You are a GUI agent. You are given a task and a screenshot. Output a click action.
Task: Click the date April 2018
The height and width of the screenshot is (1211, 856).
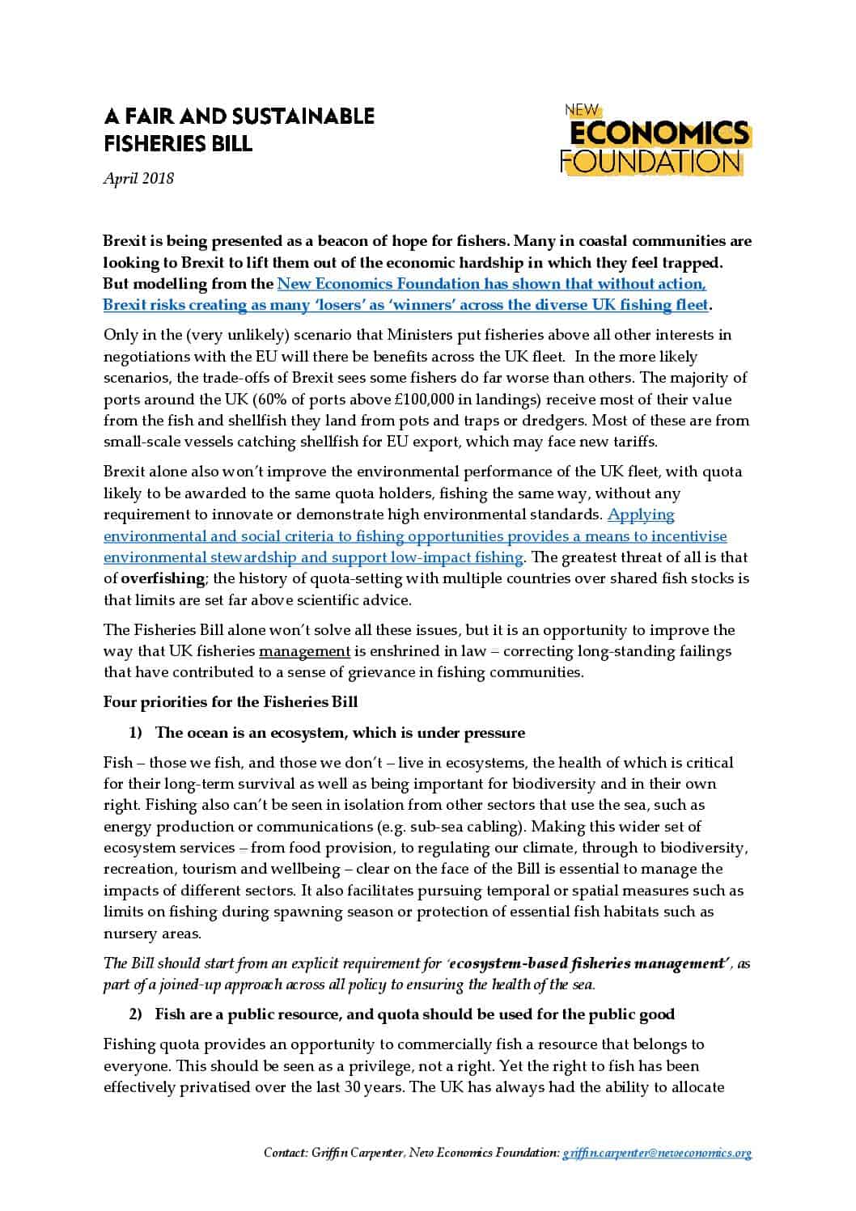[138, 178]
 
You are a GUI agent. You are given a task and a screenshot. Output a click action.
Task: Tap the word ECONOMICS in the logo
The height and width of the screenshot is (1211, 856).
[660, 133]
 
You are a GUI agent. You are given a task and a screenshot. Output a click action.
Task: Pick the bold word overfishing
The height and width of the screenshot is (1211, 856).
[163, 578]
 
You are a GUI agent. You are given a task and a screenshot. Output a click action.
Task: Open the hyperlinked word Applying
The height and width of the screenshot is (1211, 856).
[641, 514]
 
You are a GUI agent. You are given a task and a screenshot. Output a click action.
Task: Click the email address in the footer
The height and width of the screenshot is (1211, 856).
[656, 1153]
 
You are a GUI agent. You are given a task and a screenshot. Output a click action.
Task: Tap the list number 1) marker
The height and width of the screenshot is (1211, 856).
[135, 733]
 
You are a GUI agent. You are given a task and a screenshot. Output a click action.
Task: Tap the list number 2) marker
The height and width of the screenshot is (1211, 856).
[135, 1014]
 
